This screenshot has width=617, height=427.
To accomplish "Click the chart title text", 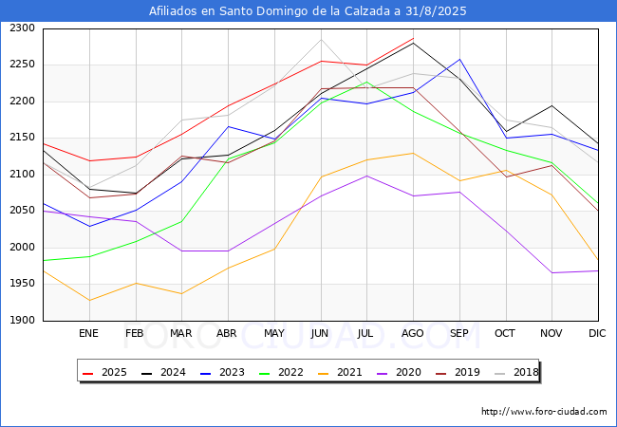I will tap(308, 11).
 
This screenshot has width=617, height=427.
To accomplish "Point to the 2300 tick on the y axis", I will tap(22, 28).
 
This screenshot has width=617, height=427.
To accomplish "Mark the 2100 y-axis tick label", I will tap(22, 175).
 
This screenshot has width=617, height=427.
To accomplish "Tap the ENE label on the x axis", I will tap(88, 333).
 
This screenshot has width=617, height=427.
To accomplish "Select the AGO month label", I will tap(412, 333).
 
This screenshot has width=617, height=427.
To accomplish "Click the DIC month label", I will tap(597, 333).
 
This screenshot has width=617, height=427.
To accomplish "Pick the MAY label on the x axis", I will tap(273, 333).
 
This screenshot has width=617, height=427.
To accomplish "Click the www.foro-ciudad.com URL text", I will tap(544, 412).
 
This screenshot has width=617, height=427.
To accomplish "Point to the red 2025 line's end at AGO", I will tap(413, 38).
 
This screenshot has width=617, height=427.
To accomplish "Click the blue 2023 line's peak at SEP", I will tap(459, 59).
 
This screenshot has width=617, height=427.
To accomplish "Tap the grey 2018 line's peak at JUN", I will tap(321, 39).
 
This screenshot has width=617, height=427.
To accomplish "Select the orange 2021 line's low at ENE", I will tap(89, 301).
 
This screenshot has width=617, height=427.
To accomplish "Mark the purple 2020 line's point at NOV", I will tap(552, 273).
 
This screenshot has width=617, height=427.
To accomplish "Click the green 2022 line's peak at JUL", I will tap(366, 82).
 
